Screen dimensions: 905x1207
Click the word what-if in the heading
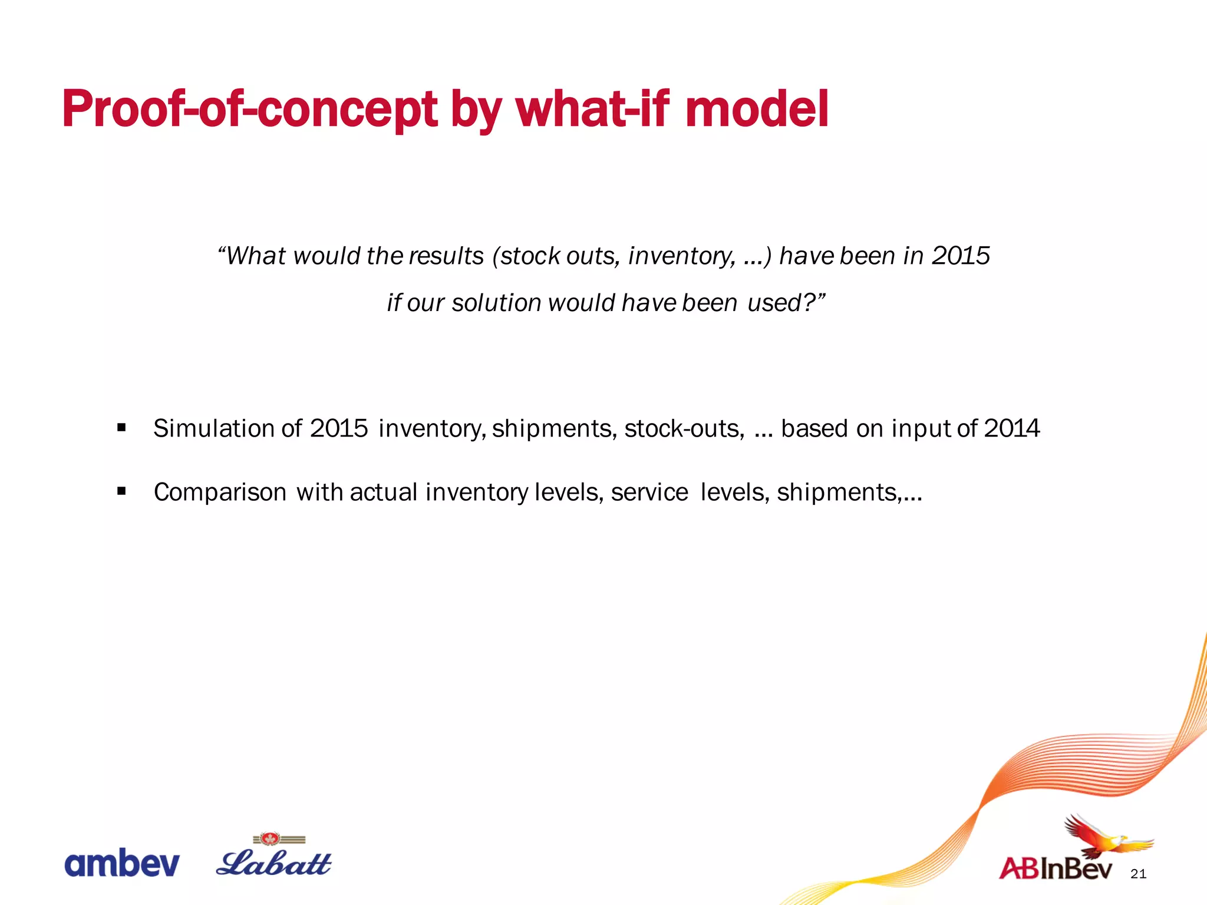click(593, 109)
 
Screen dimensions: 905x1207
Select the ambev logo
click(121, 864)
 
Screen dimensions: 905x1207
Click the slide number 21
click(1139, 874)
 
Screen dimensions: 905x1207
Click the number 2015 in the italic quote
click(960, 256)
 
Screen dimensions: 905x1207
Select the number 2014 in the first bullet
click(1011, 428)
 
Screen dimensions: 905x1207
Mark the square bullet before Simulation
click(121, 427)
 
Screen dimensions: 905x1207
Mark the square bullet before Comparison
click(121, 491)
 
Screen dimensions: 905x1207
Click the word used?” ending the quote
click(786, 303)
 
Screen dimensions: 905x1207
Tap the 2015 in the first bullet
click(339, 428)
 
